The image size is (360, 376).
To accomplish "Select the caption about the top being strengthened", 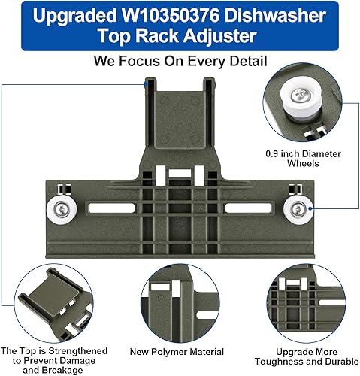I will [53, 357].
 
